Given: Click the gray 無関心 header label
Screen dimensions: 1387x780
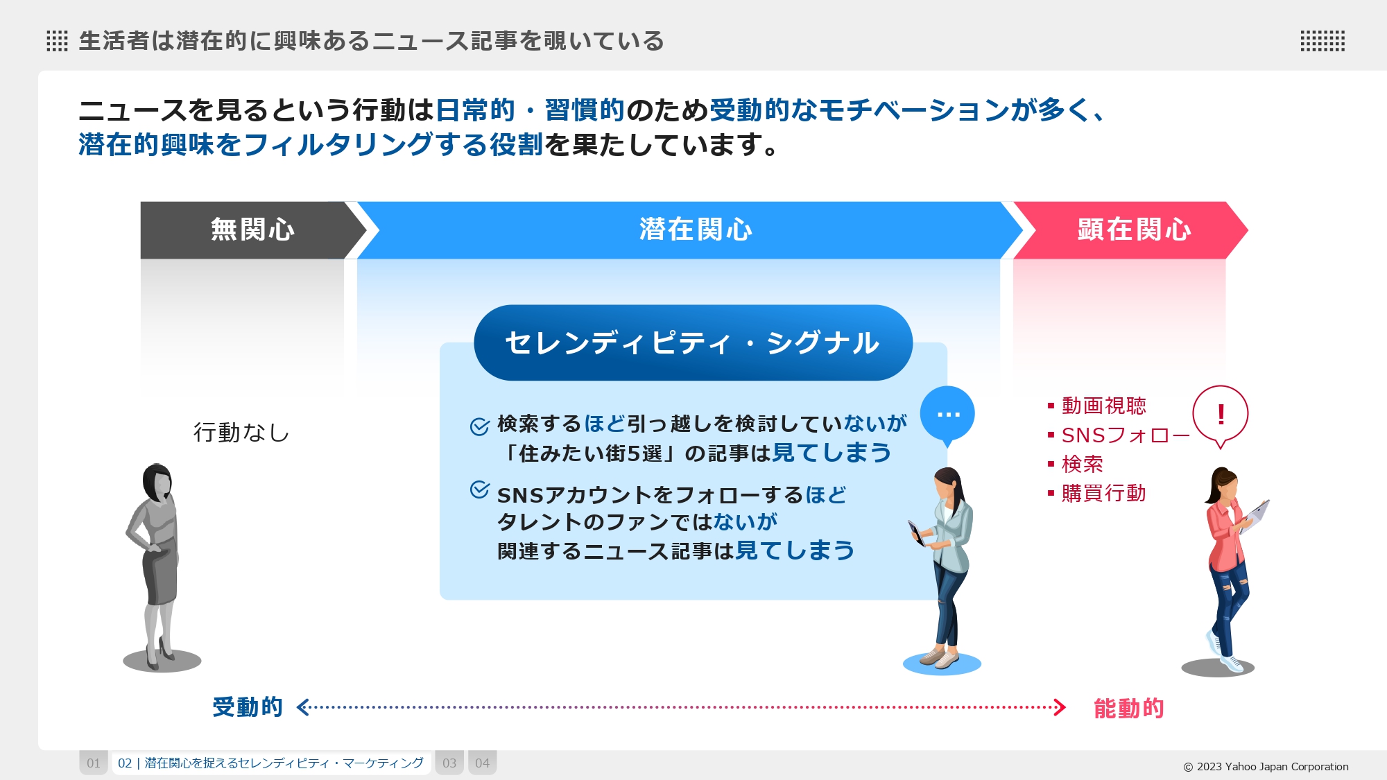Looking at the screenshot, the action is click(x=252, y=229).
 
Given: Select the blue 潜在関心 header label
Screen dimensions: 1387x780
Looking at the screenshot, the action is click(x=696, y=229).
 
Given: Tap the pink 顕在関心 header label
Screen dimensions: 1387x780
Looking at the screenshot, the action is click(x=1134, y=229).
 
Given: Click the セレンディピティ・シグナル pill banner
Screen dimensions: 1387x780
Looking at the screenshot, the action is click(x=693, y=343).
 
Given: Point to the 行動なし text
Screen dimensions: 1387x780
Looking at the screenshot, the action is click(x=241, y=433).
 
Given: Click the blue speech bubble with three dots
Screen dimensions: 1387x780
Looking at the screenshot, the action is click(x=947, y=415).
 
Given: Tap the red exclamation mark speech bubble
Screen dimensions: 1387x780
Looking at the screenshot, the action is click(x=1221, y=416).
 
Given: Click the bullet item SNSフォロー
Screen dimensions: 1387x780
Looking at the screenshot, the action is click(x=1119, y=435).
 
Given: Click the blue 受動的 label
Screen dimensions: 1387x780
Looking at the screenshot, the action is click(x=248, y=707).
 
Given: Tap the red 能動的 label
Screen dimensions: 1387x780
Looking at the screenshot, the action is click(x=1129, y=709).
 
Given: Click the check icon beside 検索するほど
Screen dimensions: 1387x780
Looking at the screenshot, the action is click(x=480, y=426).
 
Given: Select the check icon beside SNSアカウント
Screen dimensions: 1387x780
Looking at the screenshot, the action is click(x=480, y=489).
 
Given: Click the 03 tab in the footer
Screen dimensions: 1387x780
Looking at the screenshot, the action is click(x=449, y=763).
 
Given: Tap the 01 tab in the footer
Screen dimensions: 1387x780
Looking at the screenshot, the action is click(x=94, y=763).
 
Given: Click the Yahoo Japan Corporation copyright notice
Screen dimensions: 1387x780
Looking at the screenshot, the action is click(x=1266, y=767).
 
